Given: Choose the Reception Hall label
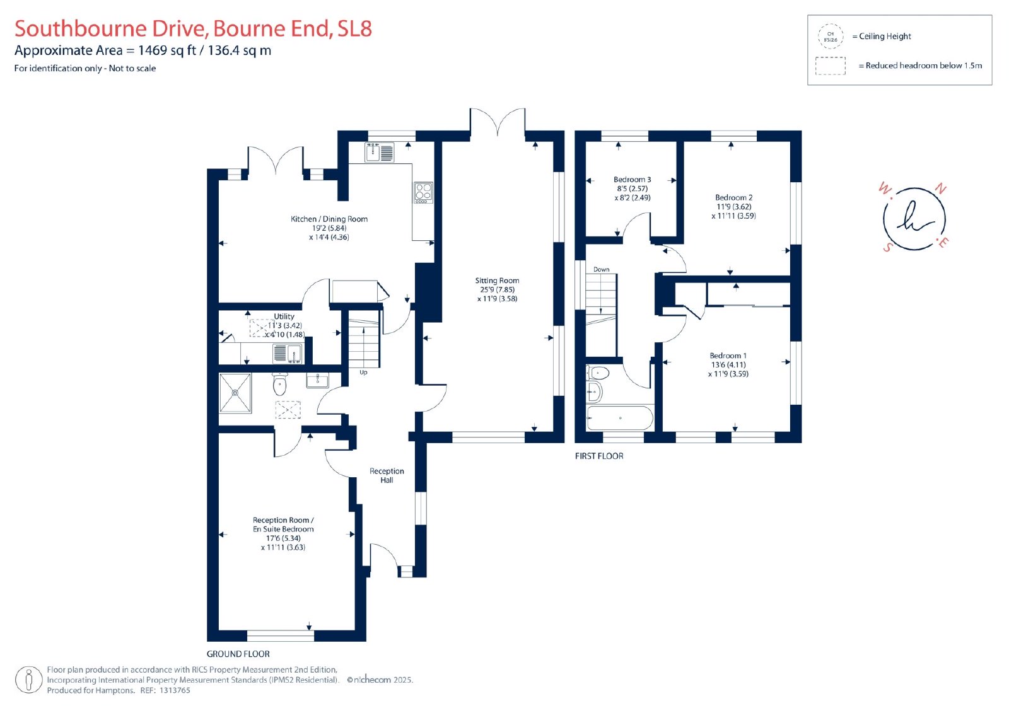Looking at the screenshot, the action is coord(387,475).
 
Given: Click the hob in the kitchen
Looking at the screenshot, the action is coord(423,192).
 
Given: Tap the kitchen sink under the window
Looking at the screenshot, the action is coord(379,152).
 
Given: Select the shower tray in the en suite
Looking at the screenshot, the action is coord(235,393).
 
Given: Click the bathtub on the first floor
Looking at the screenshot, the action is coord(620,418).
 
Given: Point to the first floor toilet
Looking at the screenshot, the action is coord(598,373).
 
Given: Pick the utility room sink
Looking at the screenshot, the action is coord(288,354).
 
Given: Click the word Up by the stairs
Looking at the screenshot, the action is coord(363,373).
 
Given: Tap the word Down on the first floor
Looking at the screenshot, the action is coord(602,269).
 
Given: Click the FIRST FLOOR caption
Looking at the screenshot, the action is coord(599,456).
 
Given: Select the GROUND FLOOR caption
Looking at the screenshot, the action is coord(238,654).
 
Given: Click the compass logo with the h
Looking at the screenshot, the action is coord(914,219).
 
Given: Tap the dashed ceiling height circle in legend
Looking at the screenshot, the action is coord(831,37).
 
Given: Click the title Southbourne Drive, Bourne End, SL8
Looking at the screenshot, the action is coord(193,28).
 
